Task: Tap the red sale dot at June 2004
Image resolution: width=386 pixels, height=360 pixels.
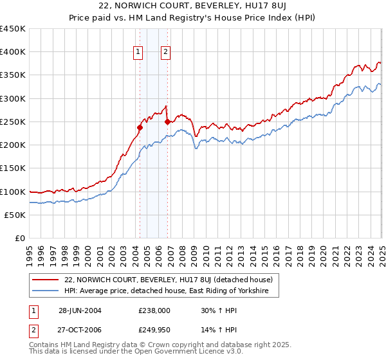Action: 140,127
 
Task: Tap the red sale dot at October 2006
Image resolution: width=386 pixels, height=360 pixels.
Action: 167,122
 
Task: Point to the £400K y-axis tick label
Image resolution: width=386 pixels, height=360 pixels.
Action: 13,52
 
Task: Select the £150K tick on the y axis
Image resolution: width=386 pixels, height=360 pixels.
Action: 13,168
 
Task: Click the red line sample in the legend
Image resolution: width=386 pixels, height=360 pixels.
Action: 46,280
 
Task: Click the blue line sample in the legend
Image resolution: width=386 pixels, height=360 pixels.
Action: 46,291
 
